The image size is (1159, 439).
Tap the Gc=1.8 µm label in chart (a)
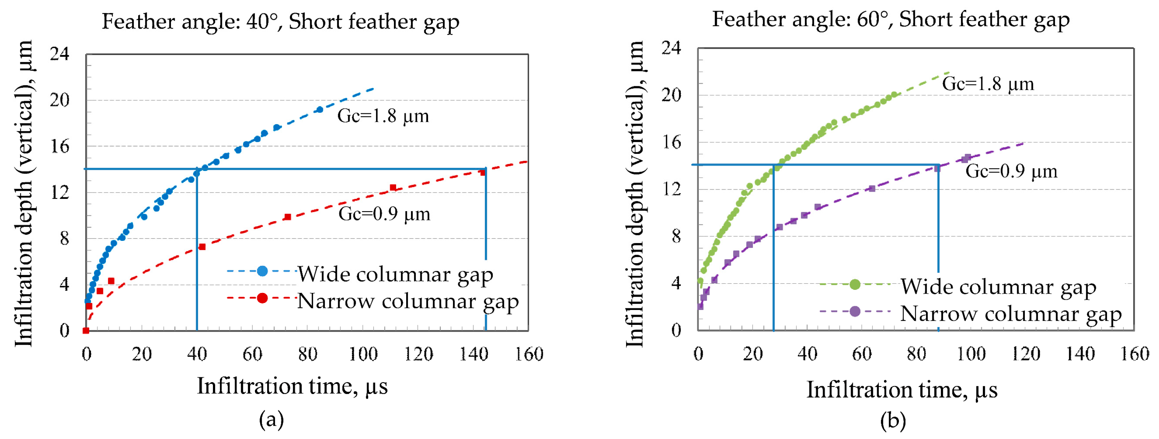(x=383, y=116)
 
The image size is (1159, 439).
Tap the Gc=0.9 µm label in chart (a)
(x=384, y=214)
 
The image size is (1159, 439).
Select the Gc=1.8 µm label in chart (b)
(x=988, y=84)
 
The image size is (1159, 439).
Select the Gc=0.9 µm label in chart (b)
(x=1011, y=171)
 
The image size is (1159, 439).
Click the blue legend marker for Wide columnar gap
(x=262, y=271)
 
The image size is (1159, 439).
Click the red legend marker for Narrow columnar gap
(x=262, y=298)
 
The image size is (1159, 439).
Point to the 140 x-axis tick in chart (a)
(x=473, y=355)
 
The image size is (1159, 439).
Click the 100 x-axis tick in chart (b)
(x=971, y=354)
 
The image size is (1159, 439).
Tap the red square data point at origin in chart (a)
(x=86, y=330)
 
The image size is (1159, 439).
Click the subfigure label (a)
(x=271, y=420)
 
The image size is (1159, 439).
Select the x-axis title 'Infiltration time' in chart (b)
(x=901, y=390)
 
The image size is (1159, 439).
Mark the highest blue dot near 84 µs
(x=320, y=109)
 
